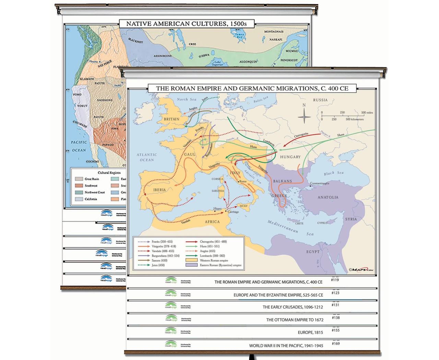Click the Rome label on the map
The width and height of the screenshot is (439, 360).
click(x=243, y=181)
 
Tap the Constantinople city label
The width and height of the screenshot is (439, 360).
click(x=319, y=183)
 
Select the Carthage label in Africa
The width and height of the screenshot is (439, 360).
click(x=233, y=212)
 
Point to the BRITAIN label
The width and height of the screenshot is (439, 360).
click(x=171, y=119)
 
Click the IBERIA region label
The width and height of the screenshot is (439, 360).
click(x=159, y=190)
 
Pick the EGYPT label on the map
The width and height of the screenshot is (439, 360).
click(x=313, y=252)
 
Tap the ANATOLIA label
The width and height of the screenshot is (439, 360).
click(x=328, y=197)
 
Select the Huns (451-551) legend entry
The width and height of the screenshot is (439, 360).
click(x=210, y=246)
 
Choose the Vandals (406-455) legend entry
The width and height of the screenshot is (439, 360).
click(x=163, y=251)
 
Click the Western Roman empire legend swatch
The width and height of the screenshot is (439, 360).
click(x=191, y=260)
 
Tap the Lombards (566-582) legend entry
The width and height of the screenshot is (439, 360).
click(x=212, y=256)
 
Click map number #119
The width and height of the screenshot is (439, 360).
click(x=335, y=280)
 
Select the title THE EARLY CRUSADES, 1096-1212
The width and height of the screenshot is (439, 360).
click(x=293, y=307)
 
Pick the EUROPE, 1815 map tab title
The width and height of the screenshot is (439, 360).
click(x=310, y=333)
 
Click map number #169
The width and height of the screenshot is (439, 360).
click(x=336, y=344)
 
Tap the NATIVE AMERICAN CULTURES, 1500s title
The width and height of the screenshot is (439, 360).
click(x=186, y=24)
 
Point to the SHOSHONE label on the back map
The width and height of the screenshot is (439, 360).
click(x=105, y=100)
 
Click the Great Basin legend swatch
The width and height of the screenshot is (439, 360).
click(x=79, y=179)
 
